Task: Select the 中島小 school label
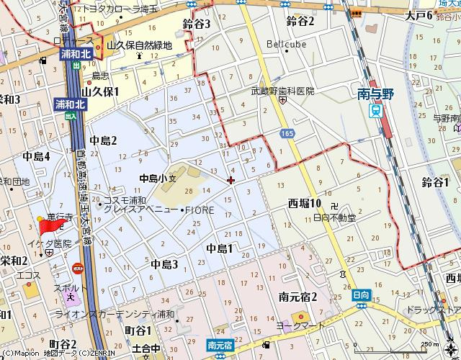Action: click(x=153, y=177)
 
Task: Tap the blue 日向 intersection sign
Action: click(x=361, y=295)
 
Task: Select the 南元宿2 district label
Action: click(x=298, y=297)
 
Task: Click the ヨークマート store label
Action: click(x=295, y=325)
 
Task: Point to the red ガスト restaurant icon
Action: click(x=78, y=268)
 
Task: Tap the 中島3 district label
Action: click(x=164, y=264)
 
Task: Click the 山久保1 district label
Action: click(x=100, y=91)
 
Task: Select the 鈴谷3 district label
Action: click(x=197, y=24)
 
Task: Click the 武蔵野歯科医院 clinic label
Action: click(x=283, y=91)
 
